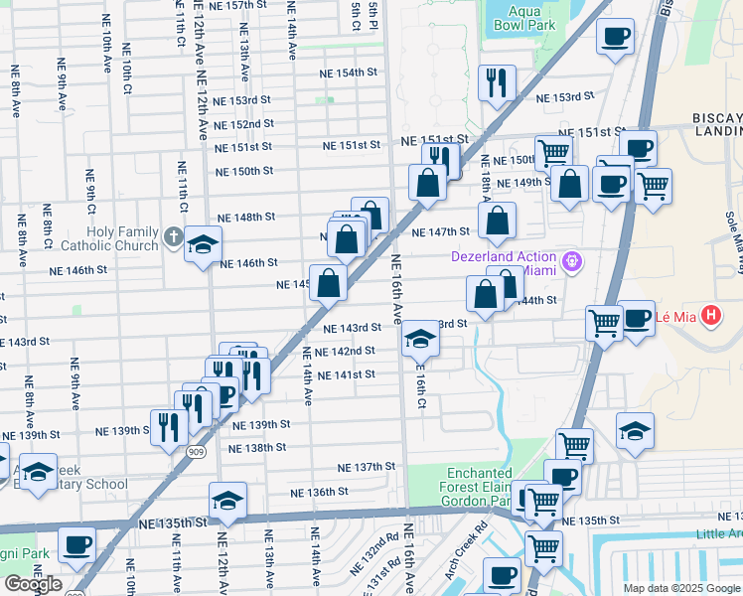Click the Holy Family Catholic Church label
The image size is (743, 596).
[x=109, y=237]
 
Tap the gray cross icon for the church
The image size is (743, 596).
[x=173, y=237]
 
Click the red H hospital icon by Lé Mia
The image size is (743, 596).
[x=710, y=318]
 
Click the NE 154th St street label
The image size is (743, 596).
[x=349, y=74]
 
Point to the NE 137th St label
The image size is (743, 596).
[x=366, y=467]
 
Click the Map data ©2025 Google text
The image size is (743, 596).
[x=680, y=588]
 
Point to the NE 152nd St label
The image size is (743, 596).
[x=243, y=124]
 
